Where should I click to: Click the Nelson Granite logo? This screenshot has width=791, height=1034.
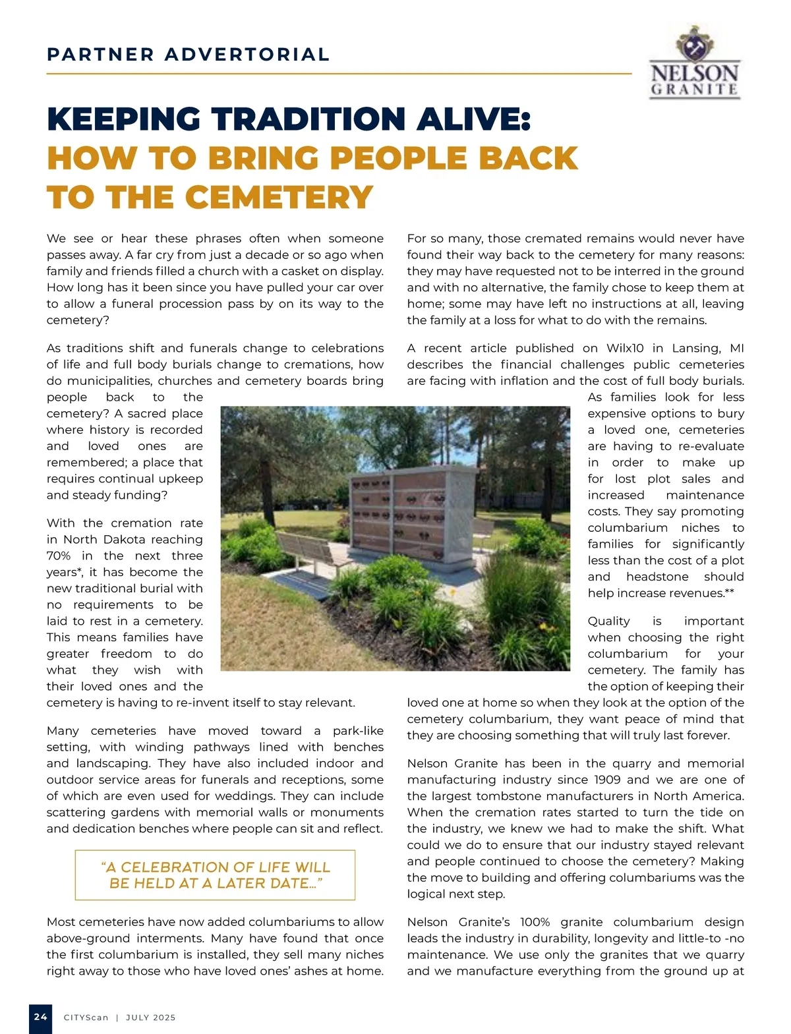click(x=694, y=63)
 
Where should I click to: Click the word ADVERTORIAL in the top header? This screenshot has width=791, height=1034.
click(x=247, y=54)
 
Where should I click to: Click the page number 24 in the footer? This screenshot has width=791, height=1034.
click(x=40, y=1017)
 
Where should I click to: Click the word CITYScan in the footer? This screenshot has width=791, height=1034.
click(x=86, y=1018)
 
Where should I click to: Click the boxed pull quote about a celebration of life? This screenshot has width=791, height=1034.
click(x=215, y=875)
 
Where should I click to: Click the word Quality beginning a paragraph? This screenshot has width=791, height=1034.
click(x=608, y=621)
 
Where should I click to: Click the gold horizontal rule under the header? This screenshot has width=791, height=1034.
click(x=339, y=74)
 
